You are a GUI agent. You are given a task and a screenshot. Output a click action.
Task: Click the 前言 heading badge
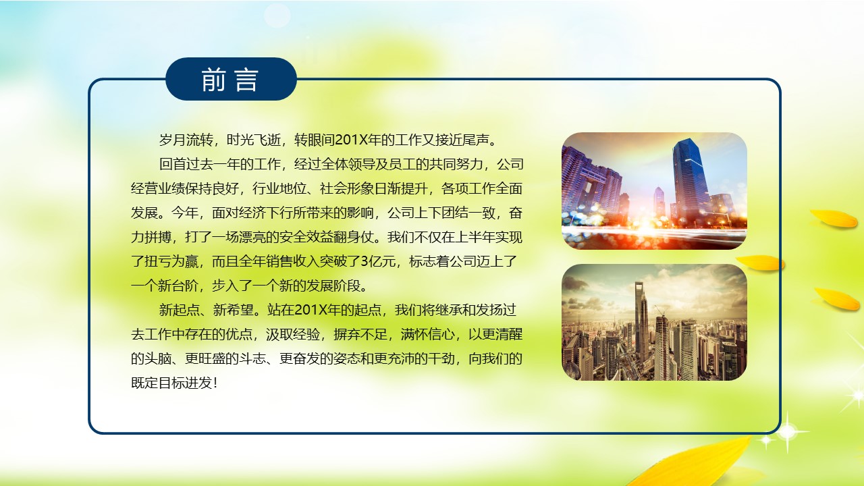231,80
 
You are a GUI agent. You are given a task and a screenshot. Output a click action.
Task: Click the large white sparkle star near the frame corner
787,430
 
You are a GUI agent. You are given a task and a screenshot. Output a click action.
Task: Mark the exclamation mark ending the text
215,383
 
